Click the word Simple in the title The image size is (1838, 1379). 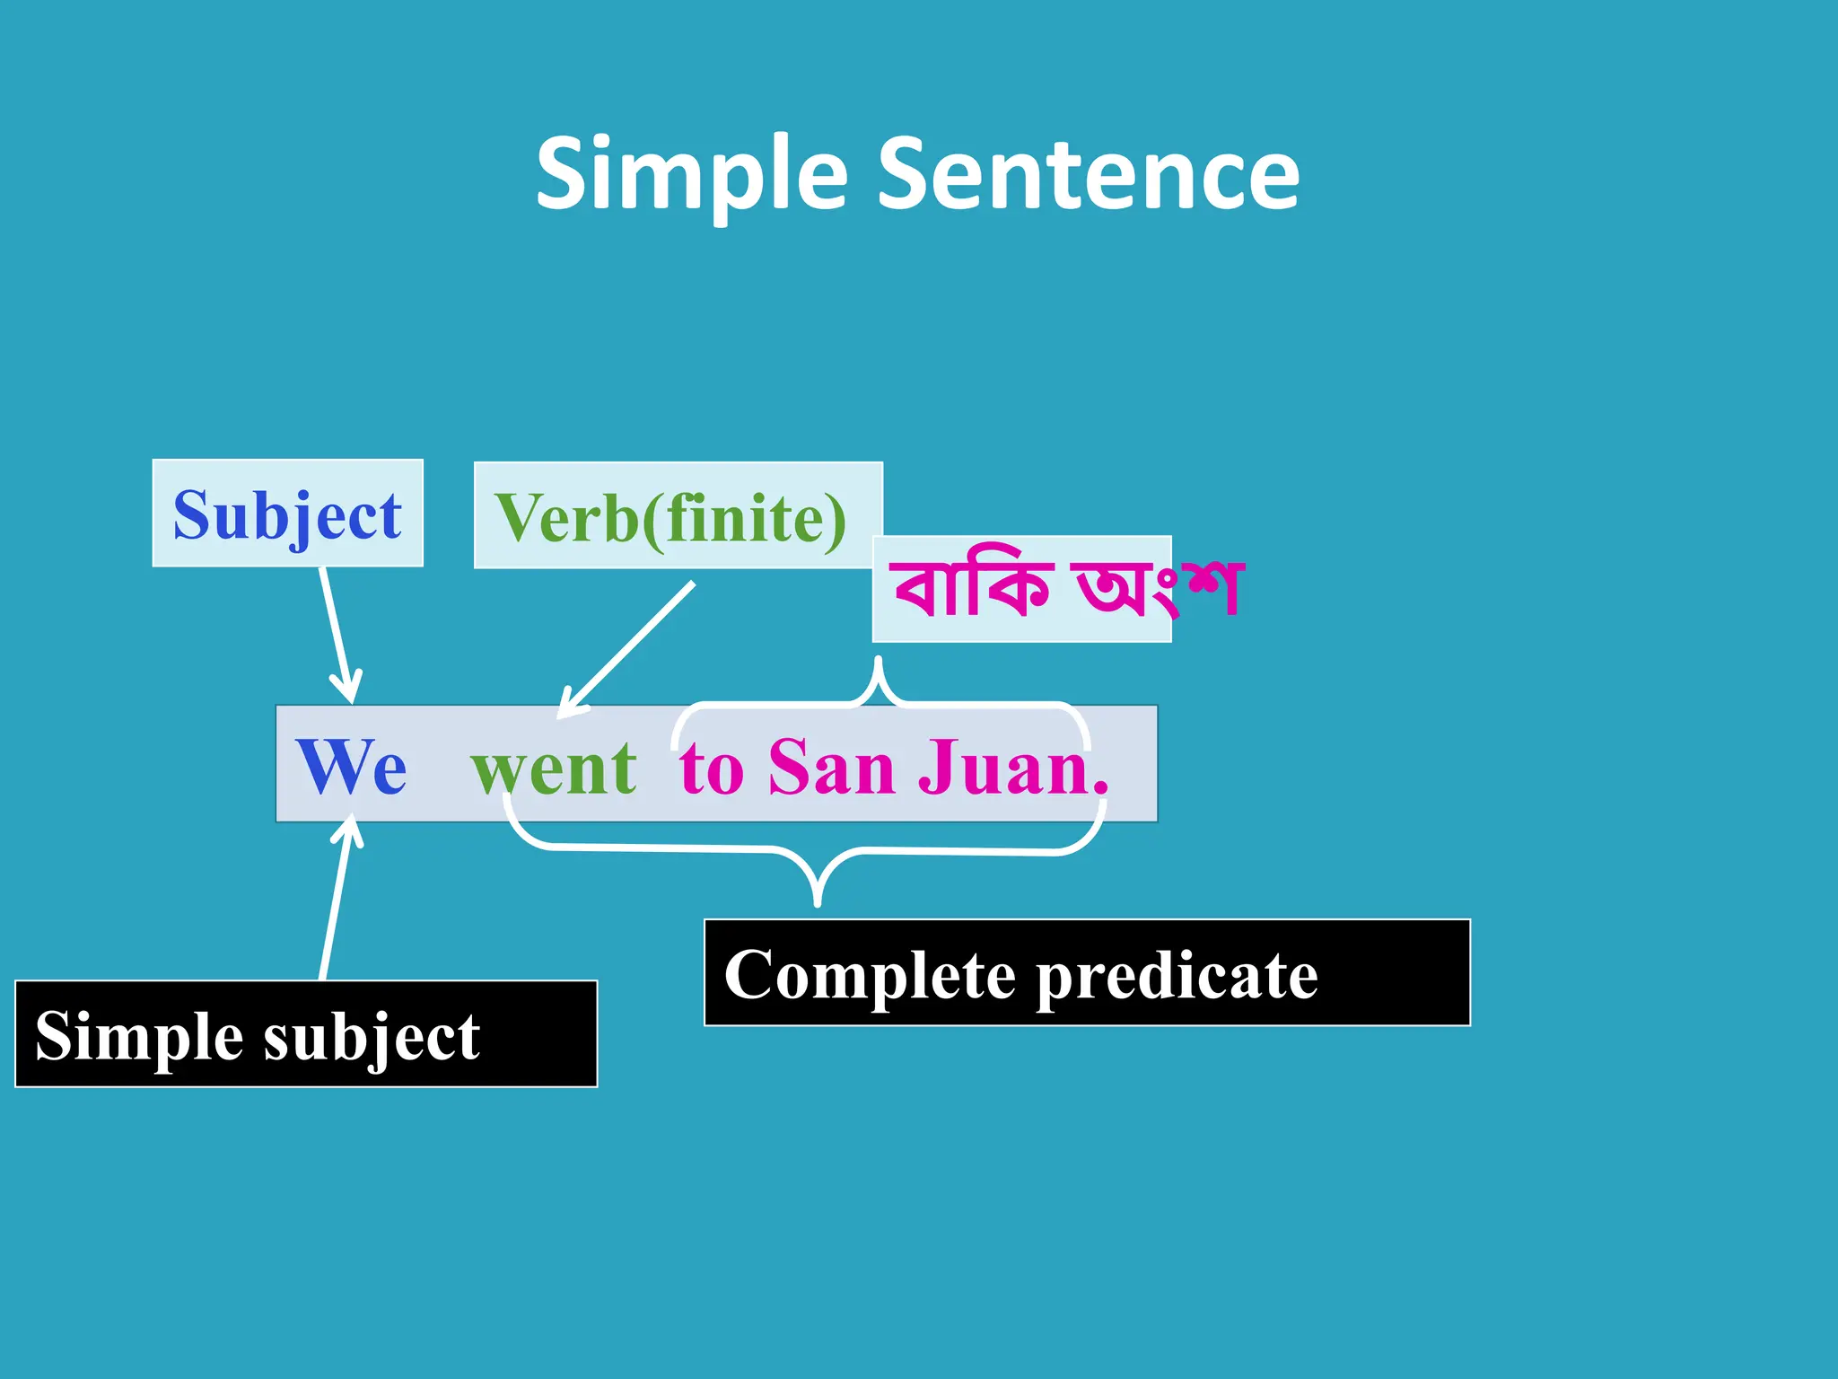pyautogui.click(x=691, y=175)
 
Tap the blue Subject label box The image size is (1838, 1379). pyautogui.click(x=287, y=514)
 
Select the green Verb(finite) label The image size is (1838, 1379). pyautogui.click(x=670, y=518)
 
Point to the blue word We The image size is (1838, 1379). pyautogui.click(x=351, y=767)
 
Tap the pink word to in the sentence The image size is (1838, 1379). pyautogui.click(x=712, y=769)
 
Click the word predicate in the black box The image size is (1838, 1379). pyautogui.click(x=1177, y=976)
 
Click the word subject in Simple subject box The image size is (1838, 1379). pyautogui.click(x=372, y=1037)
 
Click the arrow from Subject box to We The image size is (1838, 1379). pyautogui.click(x=337, y=633)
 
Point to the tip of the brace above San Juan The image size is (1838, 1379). pyautogui.click(x=879, y=663)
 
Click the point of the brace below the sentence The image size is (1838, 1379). pyautogui.click(x=817, y=900)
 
